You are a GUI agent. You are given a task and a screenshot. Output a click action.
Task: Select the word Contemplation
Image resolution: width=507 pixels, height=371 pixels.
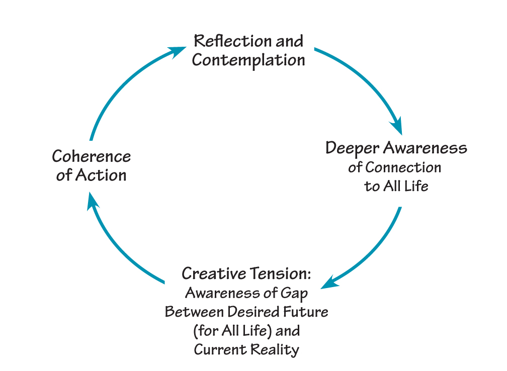[x=248, y=60]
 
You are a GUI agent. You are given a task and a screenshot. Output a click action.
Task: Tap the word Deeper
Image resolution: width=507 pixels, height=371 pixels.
[x=353, y=148]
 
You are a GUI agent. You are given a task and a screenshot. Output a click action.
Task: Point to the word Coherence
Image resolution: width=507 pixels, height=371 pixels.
[x=91, y=156]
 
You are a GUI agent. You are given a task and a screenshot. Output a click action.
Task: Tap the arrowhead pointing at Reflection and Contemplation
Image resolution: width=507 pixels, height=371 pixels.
[x=178, y=51]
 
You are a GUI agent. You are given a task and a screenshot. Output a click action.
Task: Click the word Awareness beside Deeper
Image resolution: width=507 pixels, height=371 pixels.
[x=426, y=148]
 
